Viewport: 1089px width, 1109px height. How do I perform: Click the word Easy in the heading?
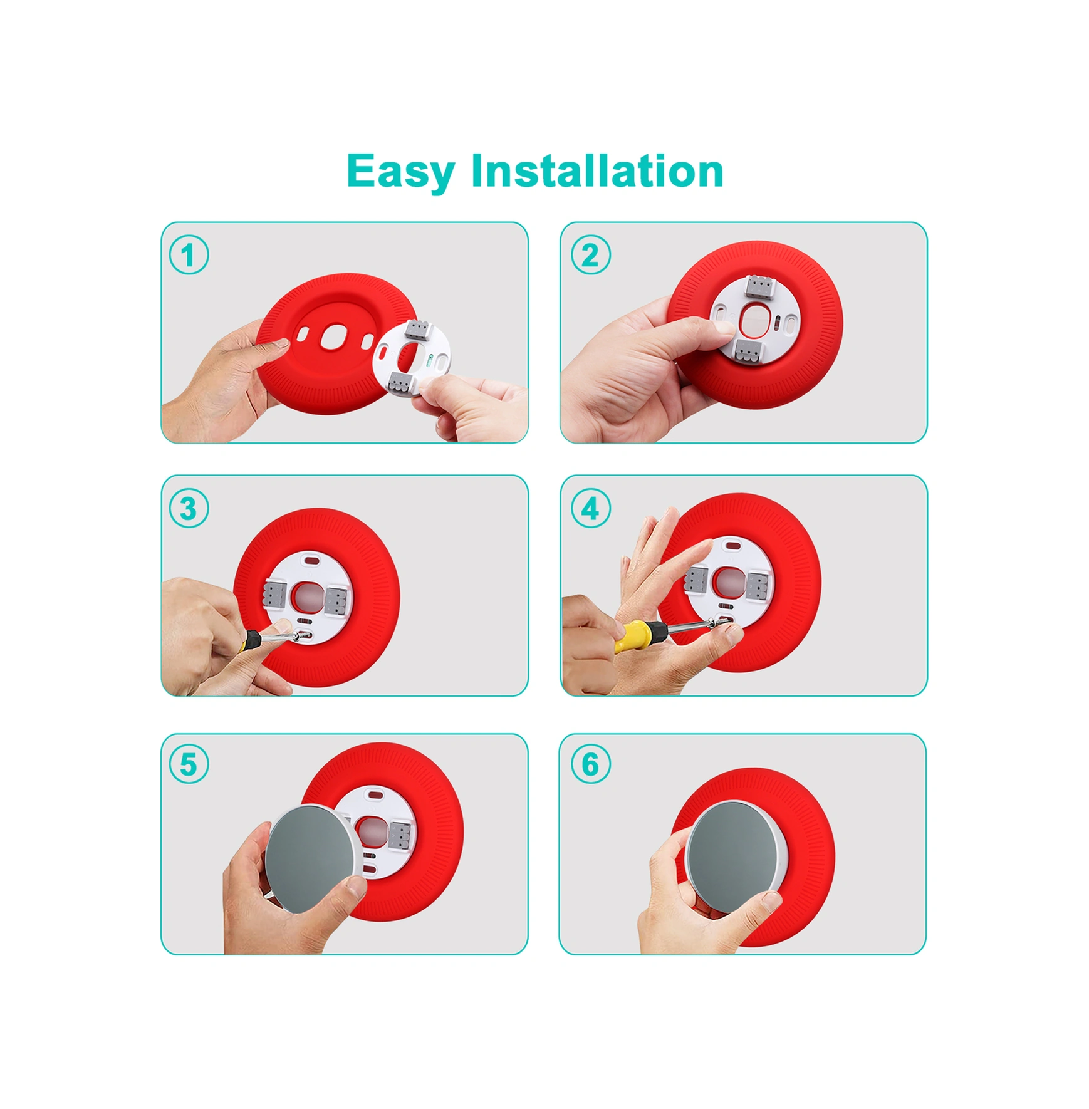point(400,171)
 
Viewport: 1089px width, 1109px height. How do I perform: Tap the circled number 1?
point(189,255)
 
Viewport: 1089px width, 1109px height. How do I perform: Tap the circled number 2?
point(590,255)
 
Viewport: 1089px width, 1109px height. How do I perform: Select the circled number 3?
point(189,508)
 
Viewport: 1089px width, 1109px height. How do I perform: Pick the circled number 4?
point(590,508)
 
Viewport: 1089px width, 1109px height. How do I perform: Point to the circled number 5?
point(189,764)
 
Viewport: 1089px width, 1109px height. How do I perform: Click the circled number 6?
point(590,764)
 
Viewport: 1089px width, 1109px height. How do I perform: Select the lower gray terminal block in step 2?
point(749,351)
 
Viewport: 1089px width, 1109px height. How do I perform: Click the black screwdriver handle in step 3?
point(250,642)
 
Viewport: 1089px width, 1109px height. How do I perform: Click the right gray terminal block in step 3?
point(336,600)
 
